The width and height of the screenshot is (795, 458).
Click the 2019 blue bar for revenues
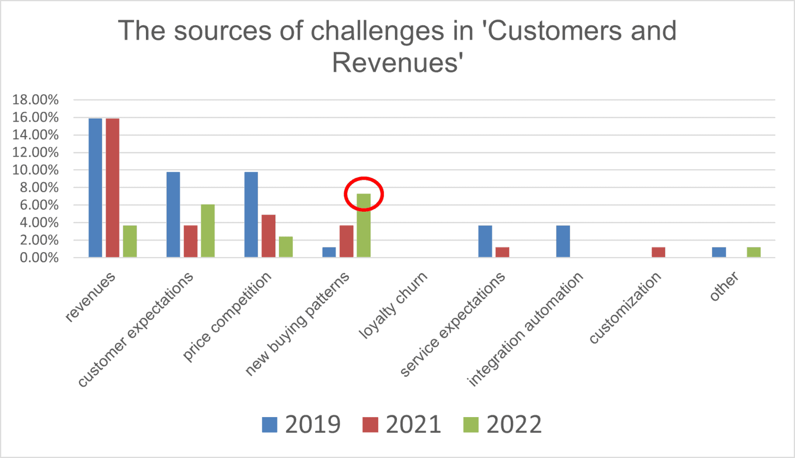(95, 188)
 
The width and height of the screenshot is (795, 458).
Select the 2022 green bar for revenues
(130, 241)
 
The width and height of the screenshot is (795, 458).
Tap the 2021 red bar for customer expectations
(190, 241)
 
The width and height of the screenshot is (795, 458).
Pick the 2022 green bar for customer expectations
(208, 231)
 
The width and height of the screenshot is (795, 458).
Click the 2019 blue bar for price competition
(251, 215)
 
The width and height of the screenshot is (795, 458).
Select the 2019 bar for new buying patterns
(329, 252)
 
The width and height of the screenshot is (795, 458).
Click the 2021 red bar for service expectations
(502, 252)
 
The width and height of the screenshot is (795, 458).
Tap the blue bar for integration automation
(563, 241)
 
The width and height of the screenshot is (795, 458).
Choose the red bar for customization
(658, 252)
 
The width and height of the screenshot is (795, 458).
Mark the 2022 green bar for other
(754, 252)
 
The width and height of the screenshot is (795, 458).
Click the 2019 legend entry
(301, 424)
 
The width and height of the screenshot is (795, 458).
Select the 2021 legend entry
(402, 424)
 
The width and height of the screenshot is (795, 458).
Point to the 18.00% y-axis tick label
(35, 100)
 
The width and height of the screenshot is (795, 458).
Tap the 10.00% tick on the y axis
(35, 170)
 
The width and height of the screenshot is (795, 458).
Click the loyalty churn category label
(393, 305)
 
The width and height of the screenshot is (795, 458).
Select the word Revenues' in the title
(397, 63)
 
